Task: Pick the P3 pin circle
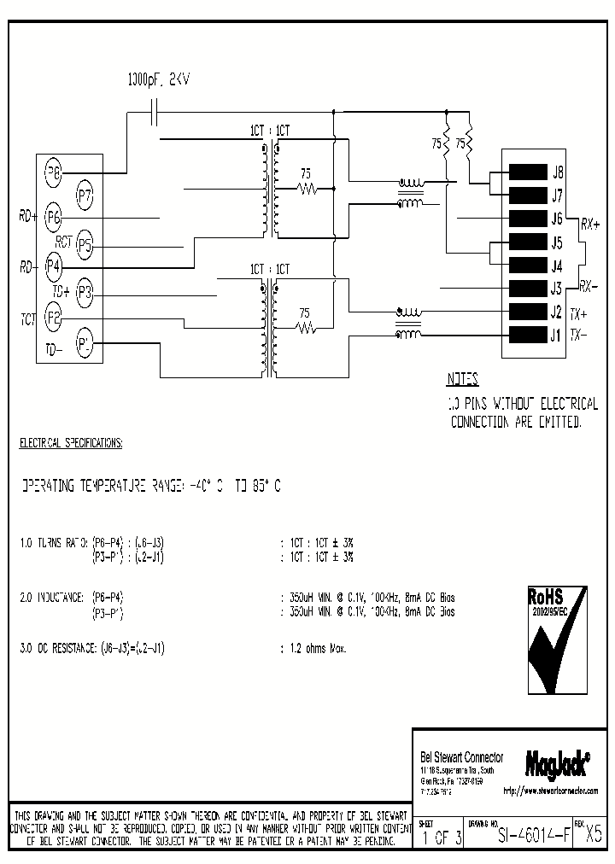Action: [x=84, y=293]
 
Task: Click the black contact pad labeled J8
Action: [x=526, y=172]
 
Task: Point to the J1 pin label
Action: [x=556, y=334]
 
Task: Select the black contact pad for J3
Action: [x=526, y=288]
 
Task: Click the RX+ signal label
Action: [x=589, y=224]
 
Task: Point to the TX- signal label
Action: [x=579, y=335]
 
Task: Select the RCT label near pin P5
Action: [x=62, y=241]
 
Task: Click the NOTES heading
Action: [x=463, y=380]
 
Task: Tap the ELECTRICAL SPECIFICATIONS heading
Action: [x=71, y=444]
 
